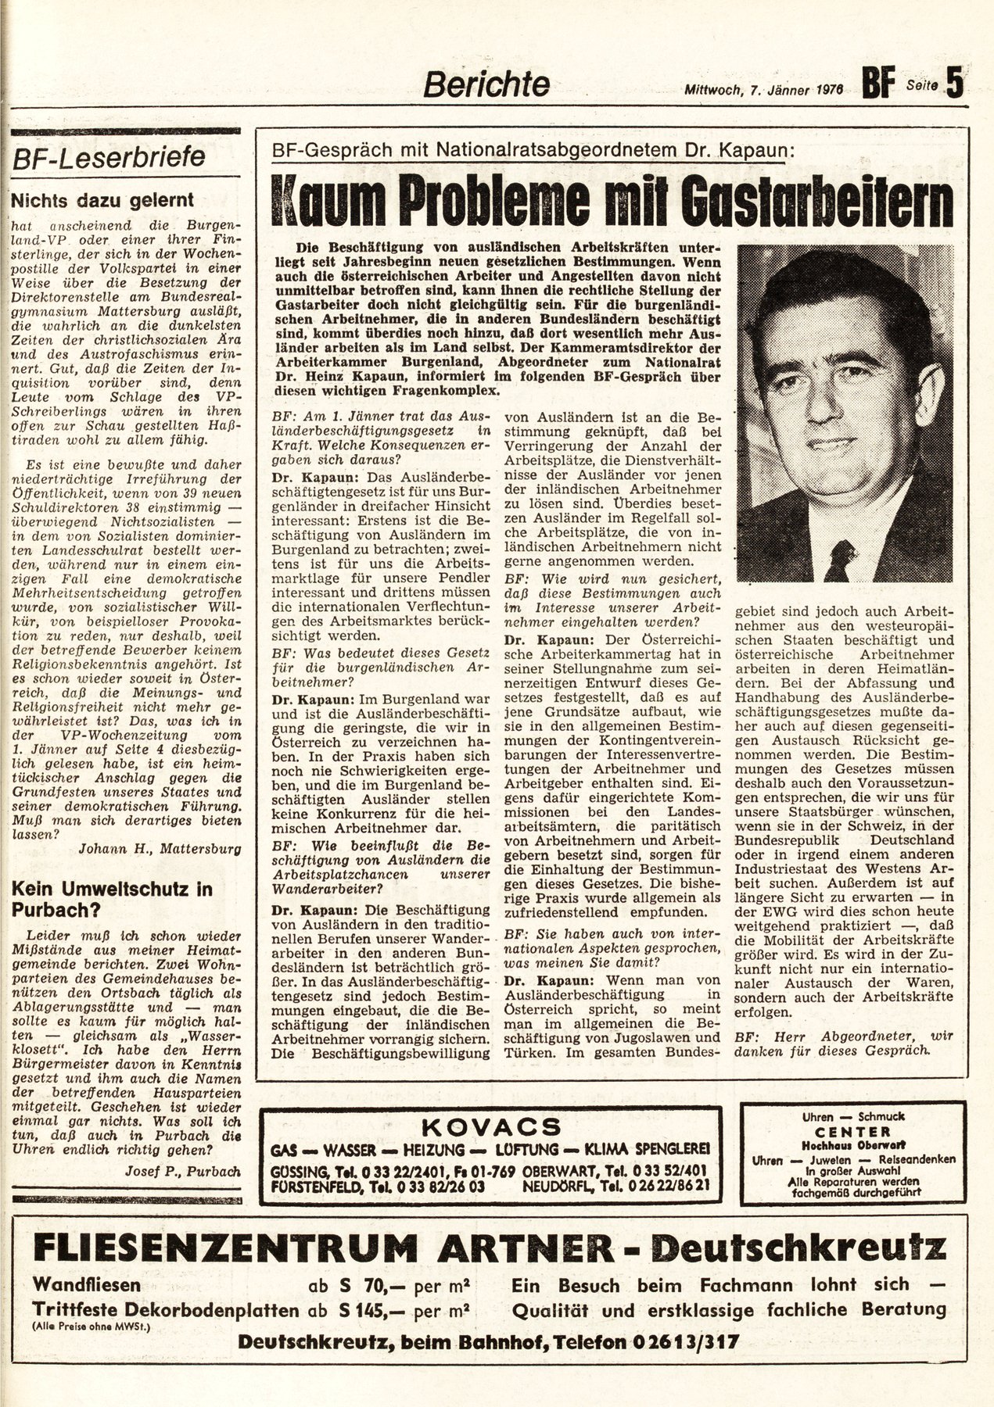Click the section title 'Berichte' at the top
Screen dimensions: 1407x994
[x=486, y=84]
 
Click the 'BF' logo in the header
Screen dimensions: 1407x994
[x=879, y=84]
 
